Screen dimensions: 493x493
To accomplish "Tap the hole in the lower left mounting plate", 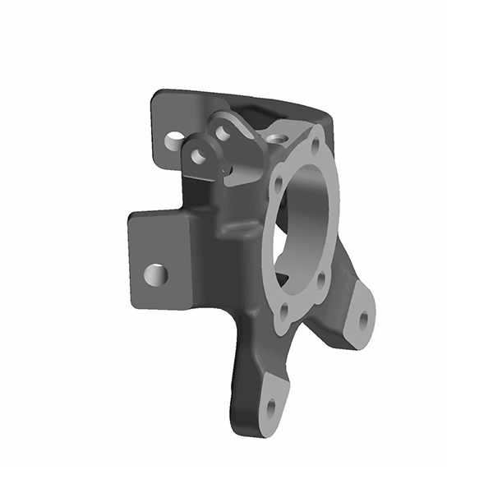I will (155, 274).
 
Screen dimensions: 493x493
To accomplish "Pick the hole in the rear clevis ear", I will (221, 130).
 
